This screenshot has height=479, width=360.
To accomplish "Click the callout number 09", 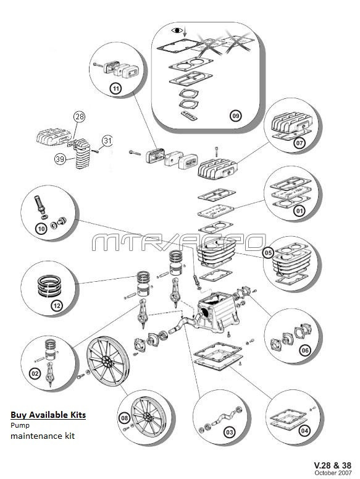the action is tap(235, 116).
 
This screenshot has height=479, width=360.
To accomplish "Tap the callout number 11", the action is tap(115, 89).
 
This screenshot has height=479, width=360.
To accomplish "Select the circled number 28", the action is tap(79, 116).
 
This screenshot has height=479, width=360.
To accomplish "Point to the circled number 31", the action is tap(107, 140).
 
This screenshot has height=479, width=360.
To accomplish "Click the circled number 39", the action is tap(60, 159).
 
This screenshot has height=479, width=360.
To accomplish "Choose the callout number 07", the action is tap(299, 143).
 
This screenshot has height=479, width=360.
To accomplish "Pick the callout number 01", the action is tap(299, 211).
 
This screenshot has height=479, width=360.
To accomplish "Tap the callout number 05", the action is tap(268, 253).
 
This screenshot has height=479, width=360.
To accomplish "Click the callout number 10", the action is tap(41, 229).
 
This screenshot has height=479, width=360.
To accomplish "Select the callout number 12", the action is tap(57, 305).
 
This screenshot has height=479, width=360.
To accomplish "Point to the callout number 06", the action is tap(305, 350).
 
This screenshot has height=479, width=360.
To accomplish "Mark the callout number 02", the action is tap(35, 373).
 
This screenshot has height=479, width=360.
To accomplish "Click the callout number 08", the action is tap(124, 418).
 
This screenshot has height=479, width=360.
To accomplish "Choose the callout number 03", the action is tap(230, 432).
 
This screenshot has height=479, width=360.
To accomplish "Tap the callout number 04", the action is tap(304, 431).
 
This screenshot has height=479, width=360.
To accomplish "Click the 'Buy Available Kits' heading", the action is tap(48, 415).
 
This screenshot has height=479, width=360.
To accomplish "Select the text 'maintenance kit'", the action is tap(43, 436).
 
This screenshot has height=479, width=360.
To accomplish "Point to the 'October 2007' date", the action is tap(333, 473).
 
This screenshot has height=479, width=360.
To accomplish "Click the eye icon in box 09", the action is tap(177, 30).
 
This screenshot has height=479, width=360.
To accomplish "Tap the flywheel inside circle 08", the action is tap(148, 416).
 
